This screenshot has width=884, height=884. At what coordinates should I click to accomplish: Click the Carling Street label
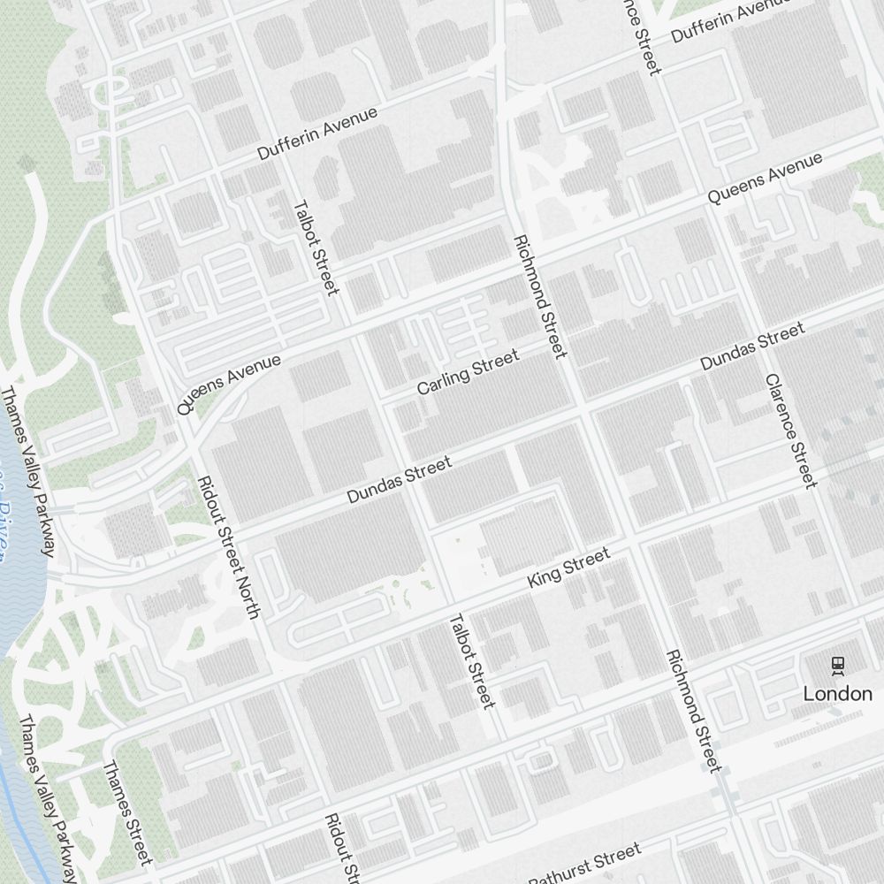tap(468, 372)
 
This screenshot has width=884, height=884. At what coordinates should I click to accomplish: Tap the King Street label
tap(568, 568)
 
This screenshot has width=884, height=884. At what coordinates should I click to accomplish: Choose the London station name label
tap(837, 694)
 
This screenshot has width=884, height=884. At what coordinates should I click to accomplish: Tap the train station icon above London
tap(837, 665)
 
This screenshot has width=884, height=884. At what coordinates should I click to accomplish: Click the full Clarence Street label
tap(790, 431)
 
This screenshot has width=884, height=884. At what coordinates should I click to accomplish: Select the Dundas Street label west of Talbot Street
tap(399, 480)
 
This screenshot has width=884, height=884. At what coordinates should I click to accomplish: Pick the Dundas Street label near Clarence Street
tap(752, 347)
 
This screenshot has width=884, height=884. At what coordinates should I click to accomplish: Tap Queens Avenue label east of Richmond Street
tap(766, 179)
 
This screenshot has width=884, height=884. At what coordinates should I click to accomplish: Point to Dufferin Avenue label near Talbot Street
tap(317, 133)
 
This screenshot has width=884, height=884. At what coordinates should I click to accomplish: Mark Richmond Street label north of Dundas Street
tap(538, 297)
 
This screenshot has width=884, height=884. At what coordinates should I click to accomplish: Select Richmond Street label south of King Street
tap(695, 711)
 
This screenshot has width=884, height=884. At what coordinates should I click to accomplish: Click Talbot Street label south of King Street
tap(471, 661)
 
